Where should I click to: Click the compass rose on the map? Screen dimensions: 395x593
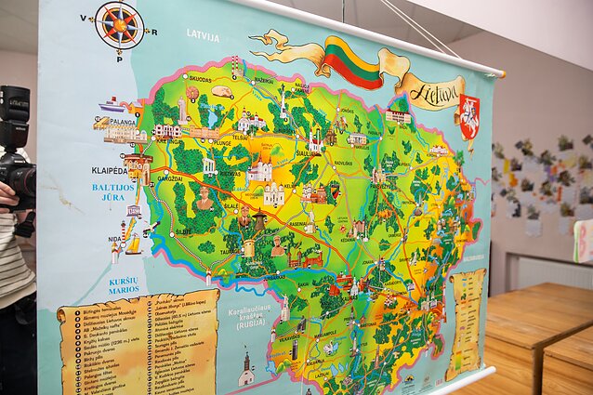click(x=119, y=24)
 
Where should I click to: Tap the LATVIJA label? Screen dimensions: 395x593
click(x=203, y=36)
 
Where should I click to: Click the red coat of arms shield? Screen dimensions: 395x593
click(x=469, y=118)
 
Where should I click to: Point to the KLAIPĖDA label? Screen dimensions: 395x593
click(x=110, y=171)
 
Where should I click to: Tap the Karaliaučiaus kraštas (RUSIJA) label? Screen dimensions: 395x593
click(x=249, y=318)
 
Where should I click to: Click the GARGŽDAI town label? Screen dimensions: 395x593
click(x=170, y=178)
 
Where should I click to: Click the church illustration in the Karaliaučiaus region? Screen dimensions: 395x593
click(x=246, y=370)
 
